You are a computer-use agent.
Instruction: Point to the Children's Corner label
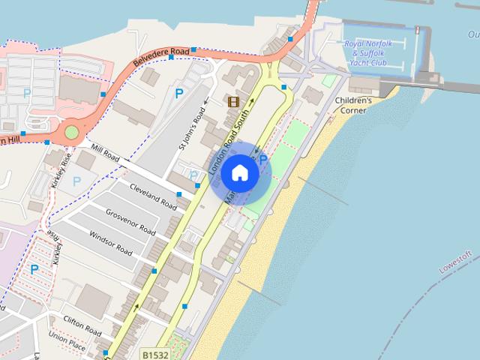(353, 105)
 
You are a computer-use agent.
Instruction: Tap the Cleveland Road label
(153, 196)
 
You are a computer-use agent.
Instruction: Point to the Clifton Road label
(82, 326)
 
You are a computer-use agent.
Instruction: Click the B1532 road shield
(156, 352)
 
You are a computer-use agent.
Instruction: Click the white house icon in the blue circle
(239, 173)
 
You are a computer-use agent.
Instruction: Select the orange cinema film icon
(234, 101)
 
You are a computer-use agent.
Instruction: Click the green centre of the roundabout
(71, 133)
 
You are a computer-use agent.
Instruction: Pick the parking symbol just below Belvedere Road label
(178, 94)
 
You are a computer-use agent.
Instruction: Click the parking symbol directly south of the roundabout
(76, 181)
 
